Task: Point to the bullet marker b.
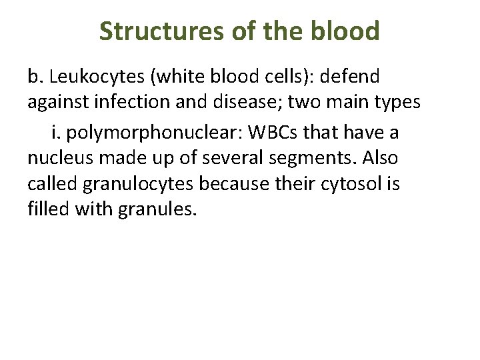pos(34,77)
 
